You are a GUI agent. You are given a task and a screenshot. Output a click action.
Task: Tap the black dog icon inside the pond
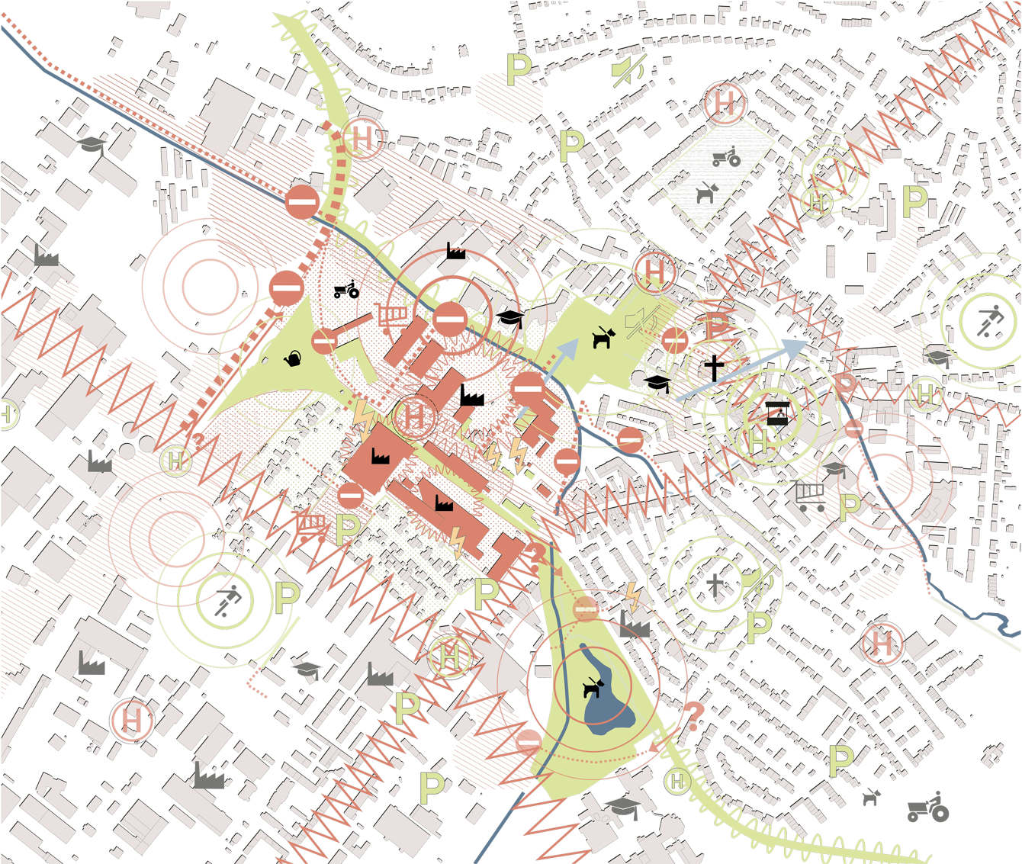[593, 688]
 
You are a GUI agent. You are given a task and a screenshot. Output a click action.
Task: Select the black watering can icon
[293, 358]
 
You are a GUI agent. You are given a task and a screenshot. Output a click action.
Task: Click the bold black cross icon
[714, 368]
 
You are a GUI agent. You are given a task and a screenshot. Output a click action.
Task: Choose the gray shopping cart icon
[809, 496]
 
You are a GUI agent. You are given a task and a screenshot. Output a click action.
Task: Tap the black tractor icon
[346, 290]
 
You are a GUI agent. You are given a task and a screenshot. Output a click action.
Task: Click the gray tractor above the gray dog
[726, 156]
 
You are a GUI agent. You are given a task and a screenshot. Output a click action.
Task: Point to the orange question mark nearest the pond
[693, 717]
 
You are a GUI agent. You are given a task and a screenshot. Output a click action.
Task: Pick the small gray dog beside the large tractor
[871, 798]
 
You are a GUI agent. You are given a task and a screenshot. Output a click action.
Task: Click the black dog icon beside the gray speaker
[603, 337]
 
